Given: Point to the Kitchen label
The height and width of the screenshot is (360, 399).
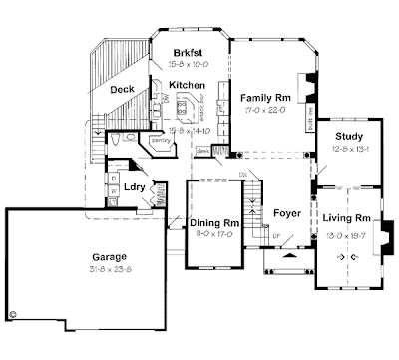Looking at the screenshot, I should (x=187, y=86).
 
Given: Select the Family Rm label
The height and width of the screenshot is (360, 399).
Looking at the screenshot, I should (x=264, y=98).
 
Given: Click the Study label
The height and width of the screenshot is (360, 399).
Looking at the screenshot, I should (x=349, y=136).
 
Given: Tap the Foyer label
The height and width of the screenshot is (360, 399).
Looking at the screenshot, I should (x=286, y=212).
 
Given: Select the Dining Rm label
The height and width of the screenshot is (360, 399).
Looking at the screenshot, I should (x=210, y=222).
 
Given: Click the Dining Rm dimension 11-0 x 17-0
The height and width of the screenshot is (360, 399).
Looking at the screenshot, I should (x=210, y=234).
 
